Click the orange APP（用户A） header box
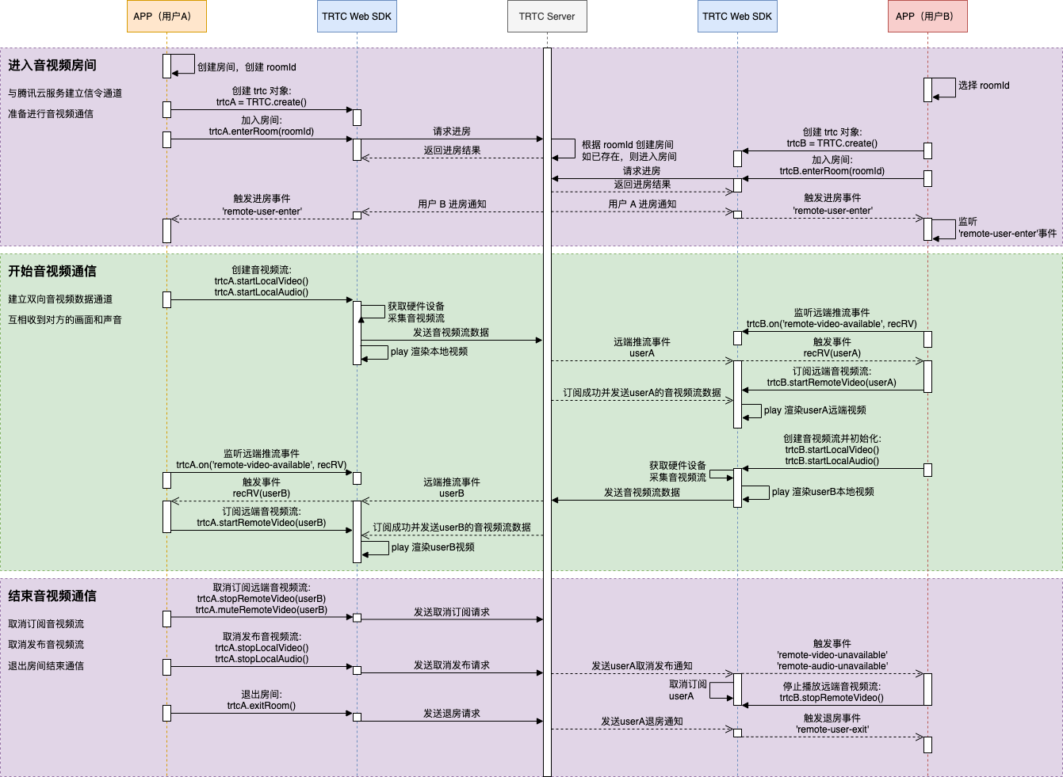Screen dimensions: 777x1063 [166, 17]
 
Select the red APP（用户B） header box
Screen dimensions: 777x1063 [927, 17]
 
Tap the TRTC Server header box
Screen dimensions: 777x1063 [547, 17]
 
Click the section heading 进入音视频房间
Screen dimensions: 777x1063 [52, 66]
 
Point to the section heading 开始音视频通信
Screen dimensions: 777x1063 [52, 272]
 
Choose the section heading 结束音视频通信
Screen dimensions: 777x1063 [52, 596]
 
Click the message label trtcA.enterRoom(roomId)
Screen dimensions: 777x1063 [262, 131]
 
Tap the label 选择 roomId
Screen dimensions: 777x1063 [984, 86]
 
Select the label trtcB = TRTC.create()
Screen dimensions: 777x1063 [832, 143]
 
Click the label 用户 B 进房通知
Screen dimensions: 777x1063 [452, 204]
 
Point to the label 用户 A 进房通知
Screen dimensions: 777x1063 [642, 204]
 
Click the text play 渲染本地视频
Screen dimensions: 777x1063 [429, 352]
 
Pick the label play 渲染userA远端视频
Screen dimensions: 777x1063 [815, 410]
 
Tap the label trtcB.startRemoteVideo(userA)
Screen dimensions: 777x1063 [832, 383]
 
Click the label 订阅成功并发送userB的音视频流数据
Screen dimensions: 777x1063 [452, 528]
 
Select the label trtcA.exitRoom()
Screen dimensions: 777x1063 [262, 706]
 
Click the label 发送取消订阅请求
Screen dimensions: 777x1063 [452, 612]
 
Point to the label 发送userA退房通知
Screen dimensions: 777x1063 [642, 722]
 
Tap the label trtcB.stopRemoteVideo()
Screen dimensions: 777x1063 [832, 698]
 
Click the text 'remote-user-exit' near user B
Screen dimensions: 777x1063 [832, 729]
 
